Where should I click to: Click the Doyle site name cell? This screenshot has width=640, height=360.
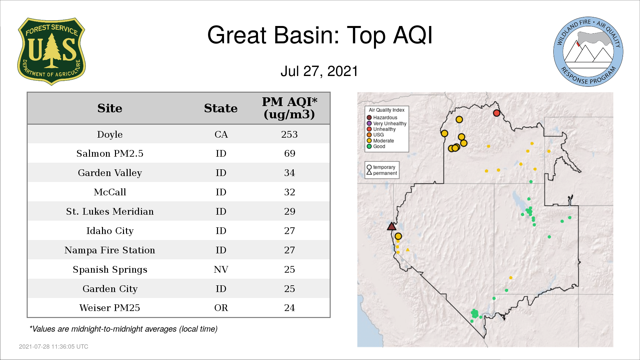[110, 134]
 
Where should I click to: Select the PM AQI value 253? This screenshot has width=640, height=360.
[289, 134]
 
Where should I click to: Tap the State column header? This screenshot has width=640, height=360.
[221, 108]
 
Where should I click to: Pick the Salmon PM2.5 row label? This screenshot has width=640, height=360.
[110, 153]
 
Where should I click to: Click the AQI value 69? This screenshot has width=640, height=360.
[290, 153]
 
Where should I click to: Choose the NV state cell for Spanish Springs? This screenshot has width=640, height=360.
[221, 269]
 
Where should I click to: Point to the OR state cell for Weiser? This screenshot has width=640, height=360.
[221, 308]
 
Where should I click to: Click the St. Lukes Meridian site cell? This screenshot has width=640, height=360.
[110, 211]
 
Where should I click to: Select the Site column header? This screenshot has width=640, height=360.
[110, 108]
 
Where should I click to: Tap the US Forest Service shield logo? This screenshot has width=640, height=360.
[51, 51]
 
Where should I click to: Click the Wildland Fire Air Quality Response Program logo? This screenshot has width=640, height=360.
[588, 52]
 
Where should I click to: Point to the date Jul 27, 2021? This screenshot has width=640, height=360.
[319, 71]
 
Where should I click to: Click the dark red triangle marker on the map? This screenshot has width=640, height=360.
[392, 227]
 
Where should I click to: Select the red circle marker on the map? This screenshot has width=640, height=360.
[497, 113]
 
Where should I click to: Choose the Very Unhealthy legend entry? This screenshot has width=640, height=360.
[387, 123]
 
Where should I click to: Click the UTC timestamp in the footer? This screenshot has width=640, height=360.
[54, 347]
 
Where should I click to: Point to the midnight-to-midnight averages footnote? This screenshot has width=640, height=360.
[123, 329]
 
